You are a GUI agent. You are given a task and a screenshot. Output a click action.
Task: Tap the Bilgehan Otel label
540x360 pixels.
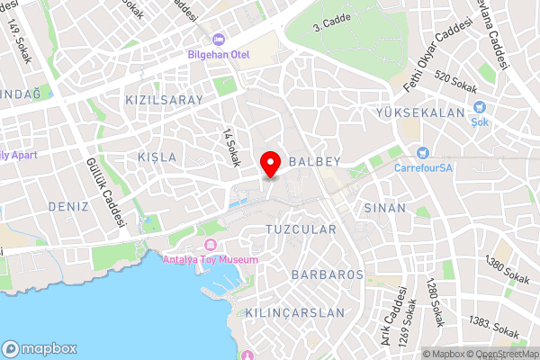(219, 55)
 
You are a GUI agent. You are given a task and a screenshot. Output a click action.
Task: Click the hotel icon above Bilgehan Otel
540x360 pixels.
(219, 40)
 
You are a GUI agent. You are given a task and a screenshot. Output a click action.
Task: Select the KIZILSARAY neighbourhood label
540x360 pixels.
(165, 100)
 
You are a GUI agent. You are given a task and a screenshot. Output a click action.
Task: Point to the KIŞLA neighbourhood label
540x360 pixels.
(157, 157)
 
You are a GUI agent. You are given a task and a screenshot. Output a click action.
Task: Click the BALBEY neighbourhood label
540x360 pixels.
(313, 160)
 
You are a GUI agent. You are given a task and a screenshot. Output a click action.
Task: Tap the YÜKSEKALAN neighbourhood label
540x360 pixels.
(421, 113)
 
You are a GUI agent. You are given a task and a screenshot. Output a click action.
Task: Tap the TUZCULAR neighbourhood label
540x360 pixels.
(301, 229)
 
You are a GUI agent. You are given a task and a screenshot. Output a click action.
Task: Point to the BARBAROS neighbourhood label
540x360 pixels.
(328, 274)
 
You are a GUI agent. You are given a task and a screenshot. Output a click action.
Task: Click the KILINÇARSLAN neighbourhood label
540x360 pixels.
(295, 313)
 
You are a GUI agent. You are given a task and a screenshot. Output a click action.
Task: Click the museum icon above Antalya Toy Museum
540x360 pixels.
(211, 245)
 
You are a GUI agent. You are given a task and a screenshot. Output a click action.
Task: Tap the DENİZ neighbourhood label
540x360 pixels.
(69, 206)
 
